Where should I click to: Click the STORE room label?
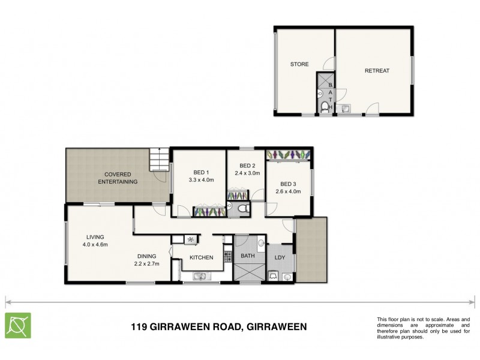click(x=299, y=64)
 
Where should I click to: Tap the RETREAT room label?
click(x=377, y=71)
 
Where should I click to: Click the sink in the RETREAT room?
click(x=346, y=109)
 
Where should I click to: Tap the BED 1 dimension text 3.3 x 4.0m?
click(x=200, y=179)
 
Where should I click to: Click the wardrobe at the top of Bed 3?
click(x=288, y=155)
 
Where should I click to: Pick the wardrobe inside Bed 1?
click(x=209, y=212)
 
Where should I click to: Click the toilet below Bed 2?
click(x=241, y=208)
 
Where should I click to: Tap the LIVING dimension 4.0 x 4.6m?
click(x=95, y=244)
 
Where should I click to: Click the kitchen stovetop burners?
click(x=229, y=257)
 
